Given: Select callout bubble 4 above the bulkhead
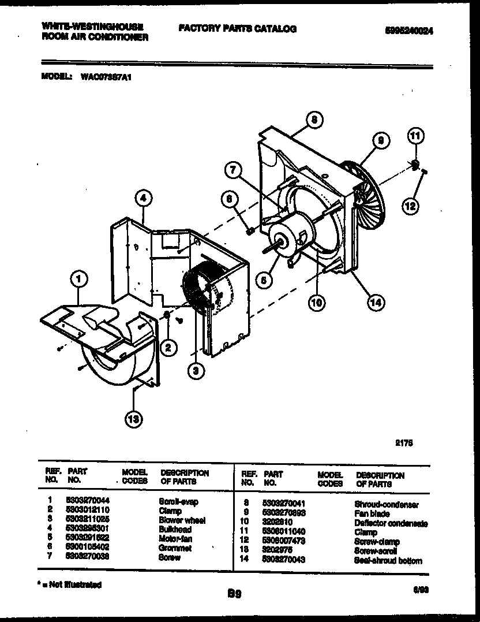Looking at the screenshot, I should (x=144, y=199).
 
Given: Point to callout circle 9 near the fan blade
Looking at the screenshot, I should (x=381, y=140).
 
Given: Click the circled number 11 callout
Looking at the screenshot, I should (x=415, y=136).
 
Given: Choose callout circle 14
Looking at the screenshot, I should (x=376, y=301).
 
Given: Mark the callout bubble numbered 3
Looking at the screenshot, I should (x=196, y=373).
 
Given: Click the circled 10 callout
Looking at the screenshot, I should (x=317, y=302).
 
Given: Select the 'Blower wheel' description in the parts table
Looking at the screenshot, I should (x=182, y=520).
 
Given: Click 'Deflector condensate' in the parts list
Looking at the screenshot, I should (x=392, y=523).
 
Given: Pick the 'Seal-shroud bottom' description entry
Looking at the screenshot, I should (x=388, y=561).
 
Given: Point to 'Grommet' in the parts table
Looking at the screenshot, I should (x=175, y=548).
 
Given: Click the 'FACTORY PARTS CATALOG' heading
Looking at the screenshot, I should (x=238, y=29).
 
